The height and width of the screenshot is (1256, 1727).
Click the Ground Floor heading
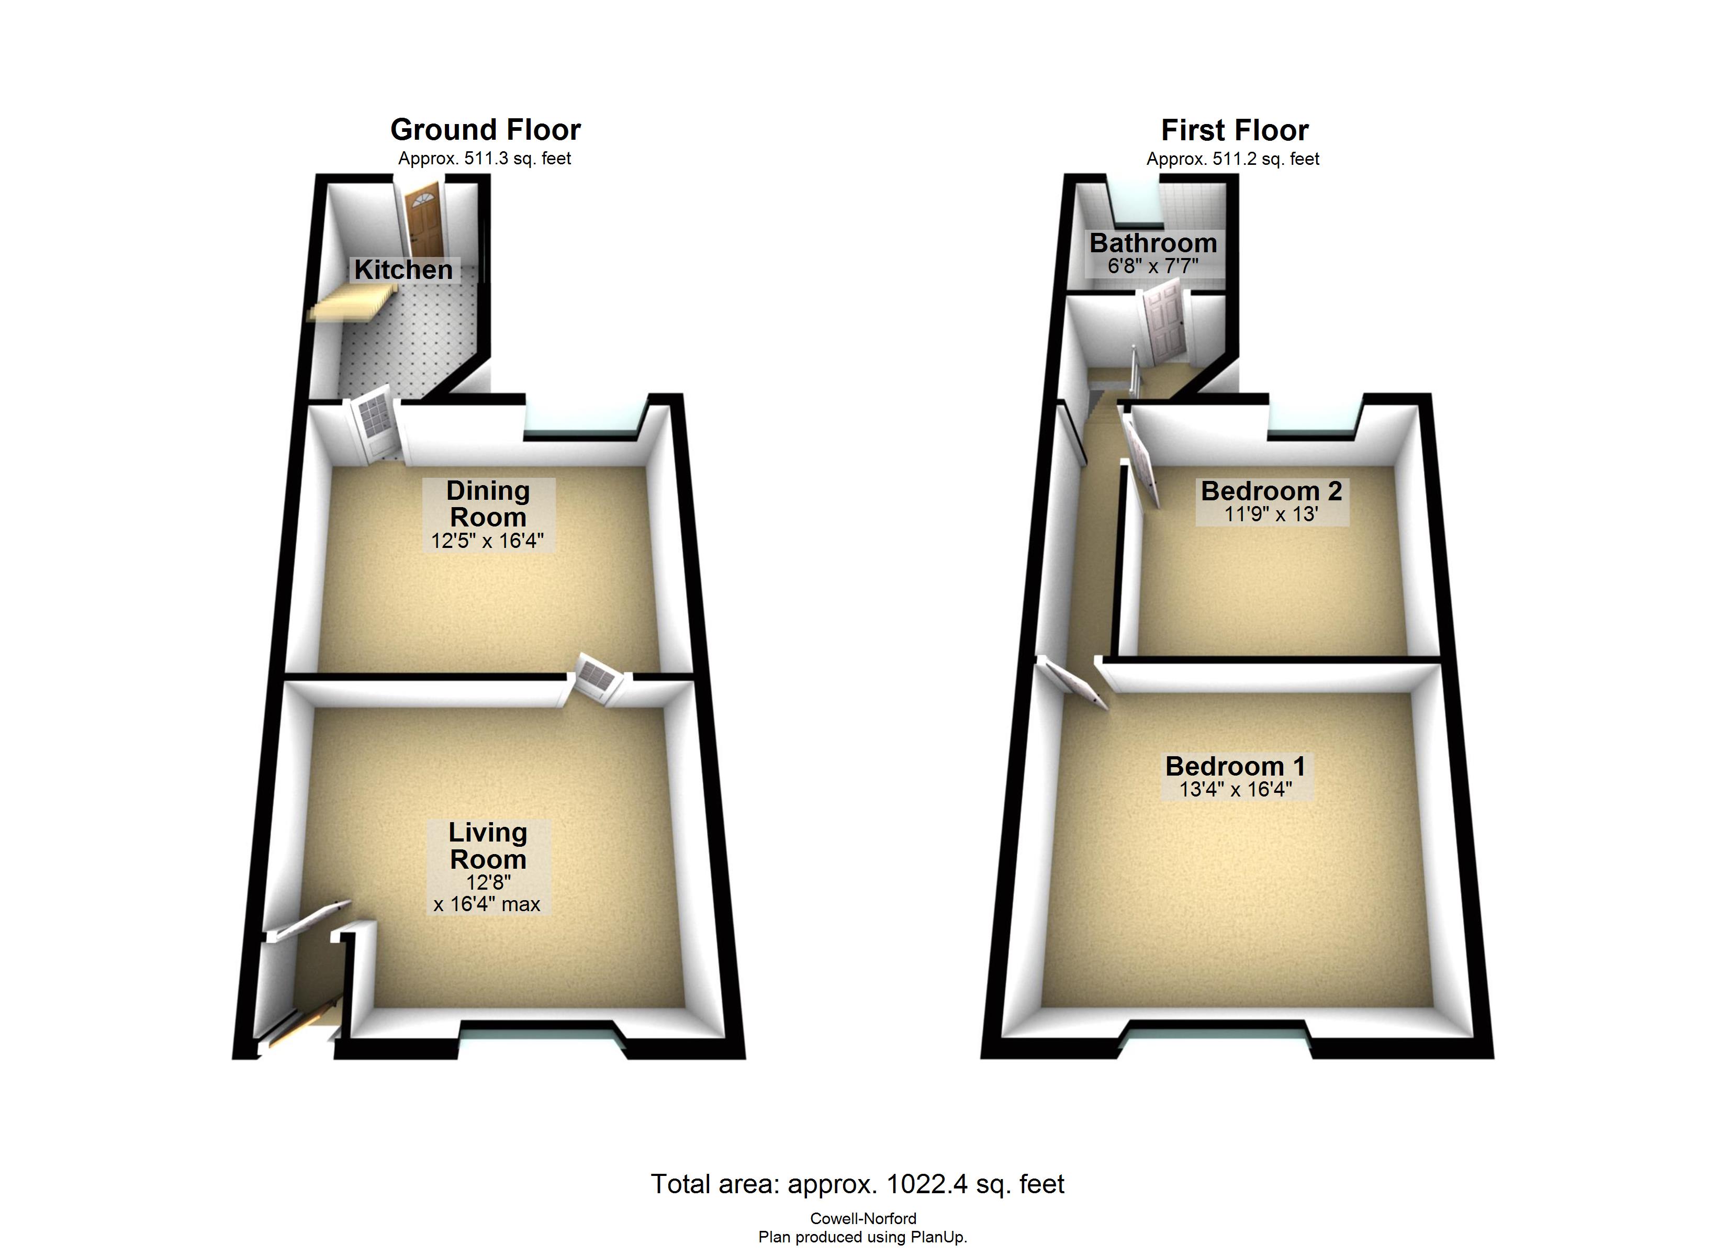pyautogui.click(x=485, y=130)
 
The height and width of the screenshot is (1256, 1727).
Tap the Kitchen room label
pyautogui.click(x=403, y=270)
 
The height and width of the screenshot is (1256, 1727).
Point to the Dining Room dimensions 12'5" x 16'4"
pyautogui.click(x=487, y=541)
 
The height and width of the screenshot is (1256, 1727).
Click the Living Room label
pyautogui.click(x=487, y=846)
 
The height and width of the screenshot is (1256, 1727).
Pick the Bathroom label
pyautogui.click(x=1153, y=243)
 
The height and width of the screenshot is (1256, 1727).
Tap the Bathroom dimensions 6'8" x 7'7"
pyautogui.click(x=1153, y=266)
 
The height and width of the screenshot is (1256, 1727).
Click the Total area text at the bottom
pyautogui.click(x=857, y=1184)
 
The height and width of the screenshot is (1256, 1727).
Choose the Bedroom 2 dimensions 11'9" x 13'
pyautogui.click(x=1271, y=514)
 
